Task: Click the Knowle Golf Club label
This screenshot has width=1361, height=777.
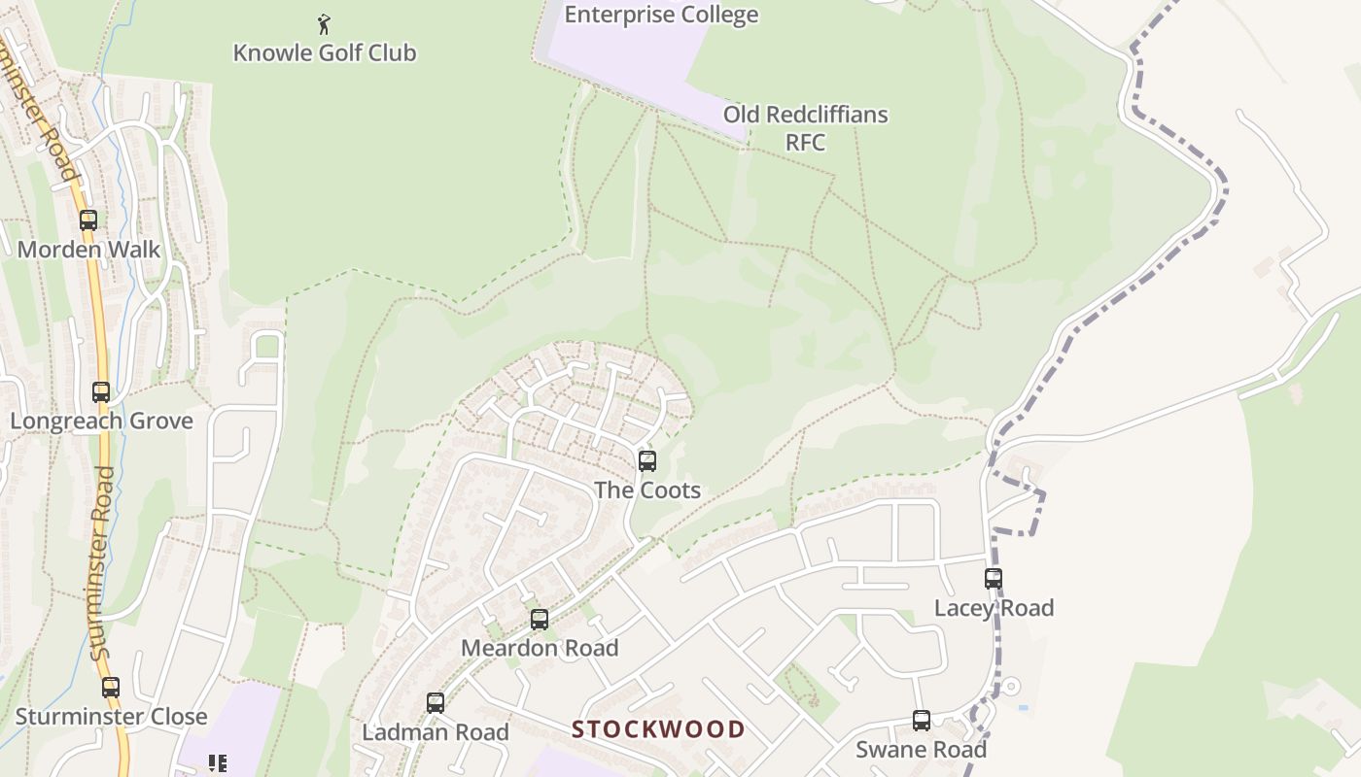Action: pyautogui.click(x=325, y=52)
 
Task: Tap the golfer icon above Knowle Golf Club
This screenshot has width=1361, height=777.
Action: pyautogui.click(x=325, y=22)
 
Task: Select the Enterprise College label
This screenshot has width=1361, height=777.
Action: pyautogui.click(x=661, y=15)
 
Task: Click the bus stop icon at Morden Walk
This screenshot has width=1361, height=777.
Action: pyautogui.click(x=88, y=220)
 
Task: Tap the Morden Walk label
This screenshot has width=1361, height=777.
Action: pyautogui.click(x=89, y=250)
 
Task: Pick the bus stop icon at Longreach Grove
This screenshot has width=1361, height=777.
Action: pyautogui.click(x=101, y=392)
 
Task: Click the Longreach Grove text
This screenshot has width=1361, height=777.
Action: pyautogui.click(x=102, y=422)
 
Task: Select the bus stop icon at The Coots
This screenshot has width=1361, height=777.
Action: pyautogui.click(x=647, y=461)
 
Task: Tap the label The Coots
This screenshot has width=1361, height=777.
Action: pyautogui.click(x=647, y=490)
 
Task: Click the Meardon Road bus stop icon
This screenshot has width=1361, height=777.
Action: pyautogui.click(x=540, y=619)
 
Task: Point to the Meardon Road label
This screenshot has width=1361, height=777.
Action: pyautogui.click(x=540, y=648)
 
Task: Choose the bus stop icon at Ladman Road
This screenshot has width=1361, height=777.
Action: pyautogui.click(x=436, y=702)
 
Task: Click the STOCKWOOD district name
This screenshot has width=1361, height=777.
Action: pyautogui.click(x=658, y=729)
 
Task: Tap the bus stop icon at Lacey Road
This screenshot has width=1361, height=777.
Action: pyautogui.click(x=994, y=579)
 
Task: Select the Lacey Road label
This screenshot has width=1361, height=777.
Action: pyautogui.click(x=994, y=608)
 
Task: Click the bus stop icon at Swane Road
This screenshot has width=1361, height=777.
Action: pyautogui.click(x=922, y=721)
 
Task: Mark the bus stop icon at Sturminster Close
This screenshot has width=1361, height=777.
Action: pyautogui.click(x=111, y=688)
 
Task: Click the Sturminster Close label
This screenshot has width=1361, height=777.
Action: pyautogui.click(x=112, y=717)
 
